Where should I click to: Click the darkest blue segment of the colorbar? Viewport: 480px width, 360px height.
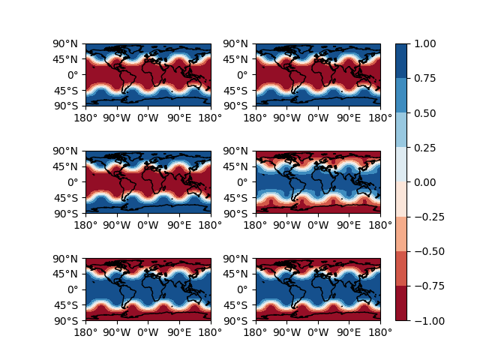(x=402, y=61)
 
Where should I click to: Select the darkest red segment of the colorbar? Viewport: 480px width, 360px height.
(x=402, y=303)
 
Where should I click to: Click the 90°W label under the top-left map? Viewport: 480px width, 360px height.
(x=116, y=118)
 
